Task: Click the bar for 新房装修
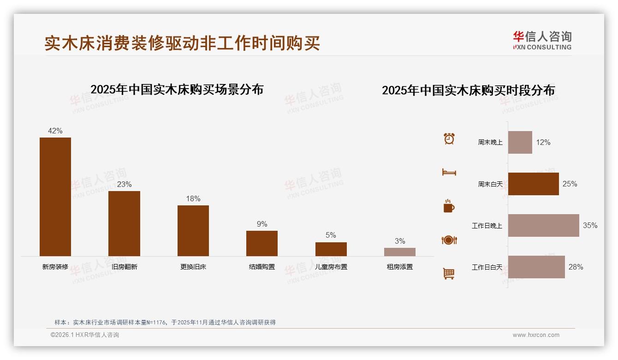coord(55,197)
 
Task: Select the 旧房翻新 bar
coord(124,223)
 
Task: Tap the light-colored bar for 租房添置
coord(400,252)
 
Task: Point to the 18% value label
coord(193,199)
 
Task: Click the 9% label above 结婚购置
coord(262,224)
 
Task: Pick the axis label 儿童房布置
coord(331,267)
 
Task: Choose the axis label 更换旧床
coord(193,267)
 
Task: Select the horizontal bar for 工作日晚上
coord(543,226)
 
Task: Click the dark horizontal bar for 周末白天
coord(533,184)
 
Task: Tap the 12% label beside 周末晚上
coord(543,143)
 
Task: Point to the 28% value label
coord(576,267)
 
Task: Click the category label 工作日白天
coord(487,267)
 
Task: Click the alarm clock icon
coord(449,138)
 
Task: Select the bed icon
coord(449,172)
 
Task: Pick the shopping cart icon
coord(449,274)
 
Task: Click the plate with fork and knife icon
coord(449,240)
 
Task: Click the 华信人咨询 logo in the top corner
coord(542,40)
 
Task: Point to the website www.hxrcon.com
coord(536,335)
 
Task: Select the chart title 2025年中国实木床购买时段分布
coord(468,90)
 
